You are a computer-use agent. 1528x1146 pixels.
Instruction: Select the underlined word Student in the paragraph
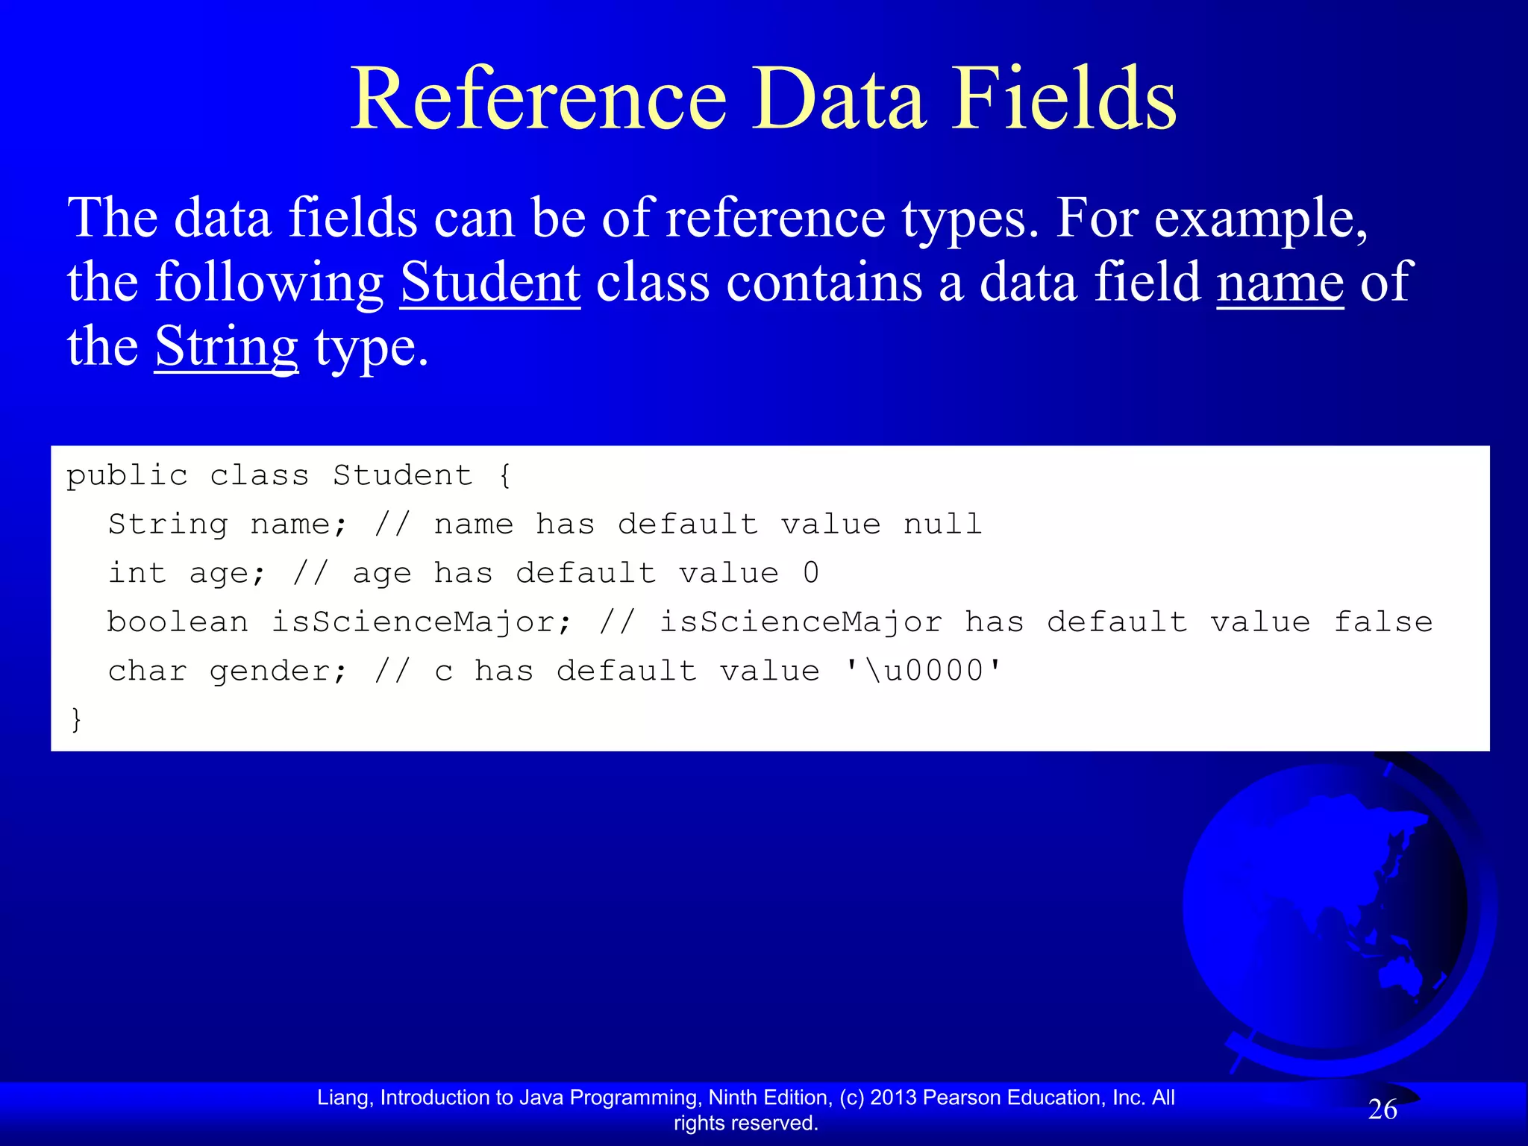(490, 283)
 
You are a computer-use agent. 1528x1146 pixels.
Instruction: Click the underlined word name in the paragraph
(1280, 283)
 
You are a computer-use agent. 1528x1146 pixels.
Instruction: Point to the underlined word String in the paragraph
(226, 348)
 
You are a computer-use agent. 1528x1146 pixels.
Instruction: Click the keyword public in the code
(127, 475)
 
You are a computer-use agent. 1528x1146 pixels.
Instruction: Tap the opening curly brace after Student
(505, 475)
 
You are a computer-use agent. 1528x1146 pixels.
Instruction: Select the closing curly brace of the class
(75, 720)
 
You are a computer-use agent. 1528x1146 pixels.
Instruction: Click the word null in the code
(942, 525)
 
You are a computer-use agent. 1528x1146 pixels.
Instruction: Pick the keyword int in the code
(137, 573)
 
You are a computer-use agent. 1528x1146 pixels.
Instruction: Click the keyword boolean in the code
(178, 622)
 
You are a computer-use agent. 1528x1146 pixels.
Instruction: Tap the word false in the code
(1383, 622)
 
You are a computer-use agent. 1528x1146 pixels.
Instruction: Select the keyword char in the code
(147, 671)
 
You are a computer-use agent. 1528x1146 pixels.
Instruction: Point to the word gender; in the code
(278, 671)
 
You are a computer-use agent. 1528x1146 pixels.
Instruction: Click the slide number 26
(1382, 1110)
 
